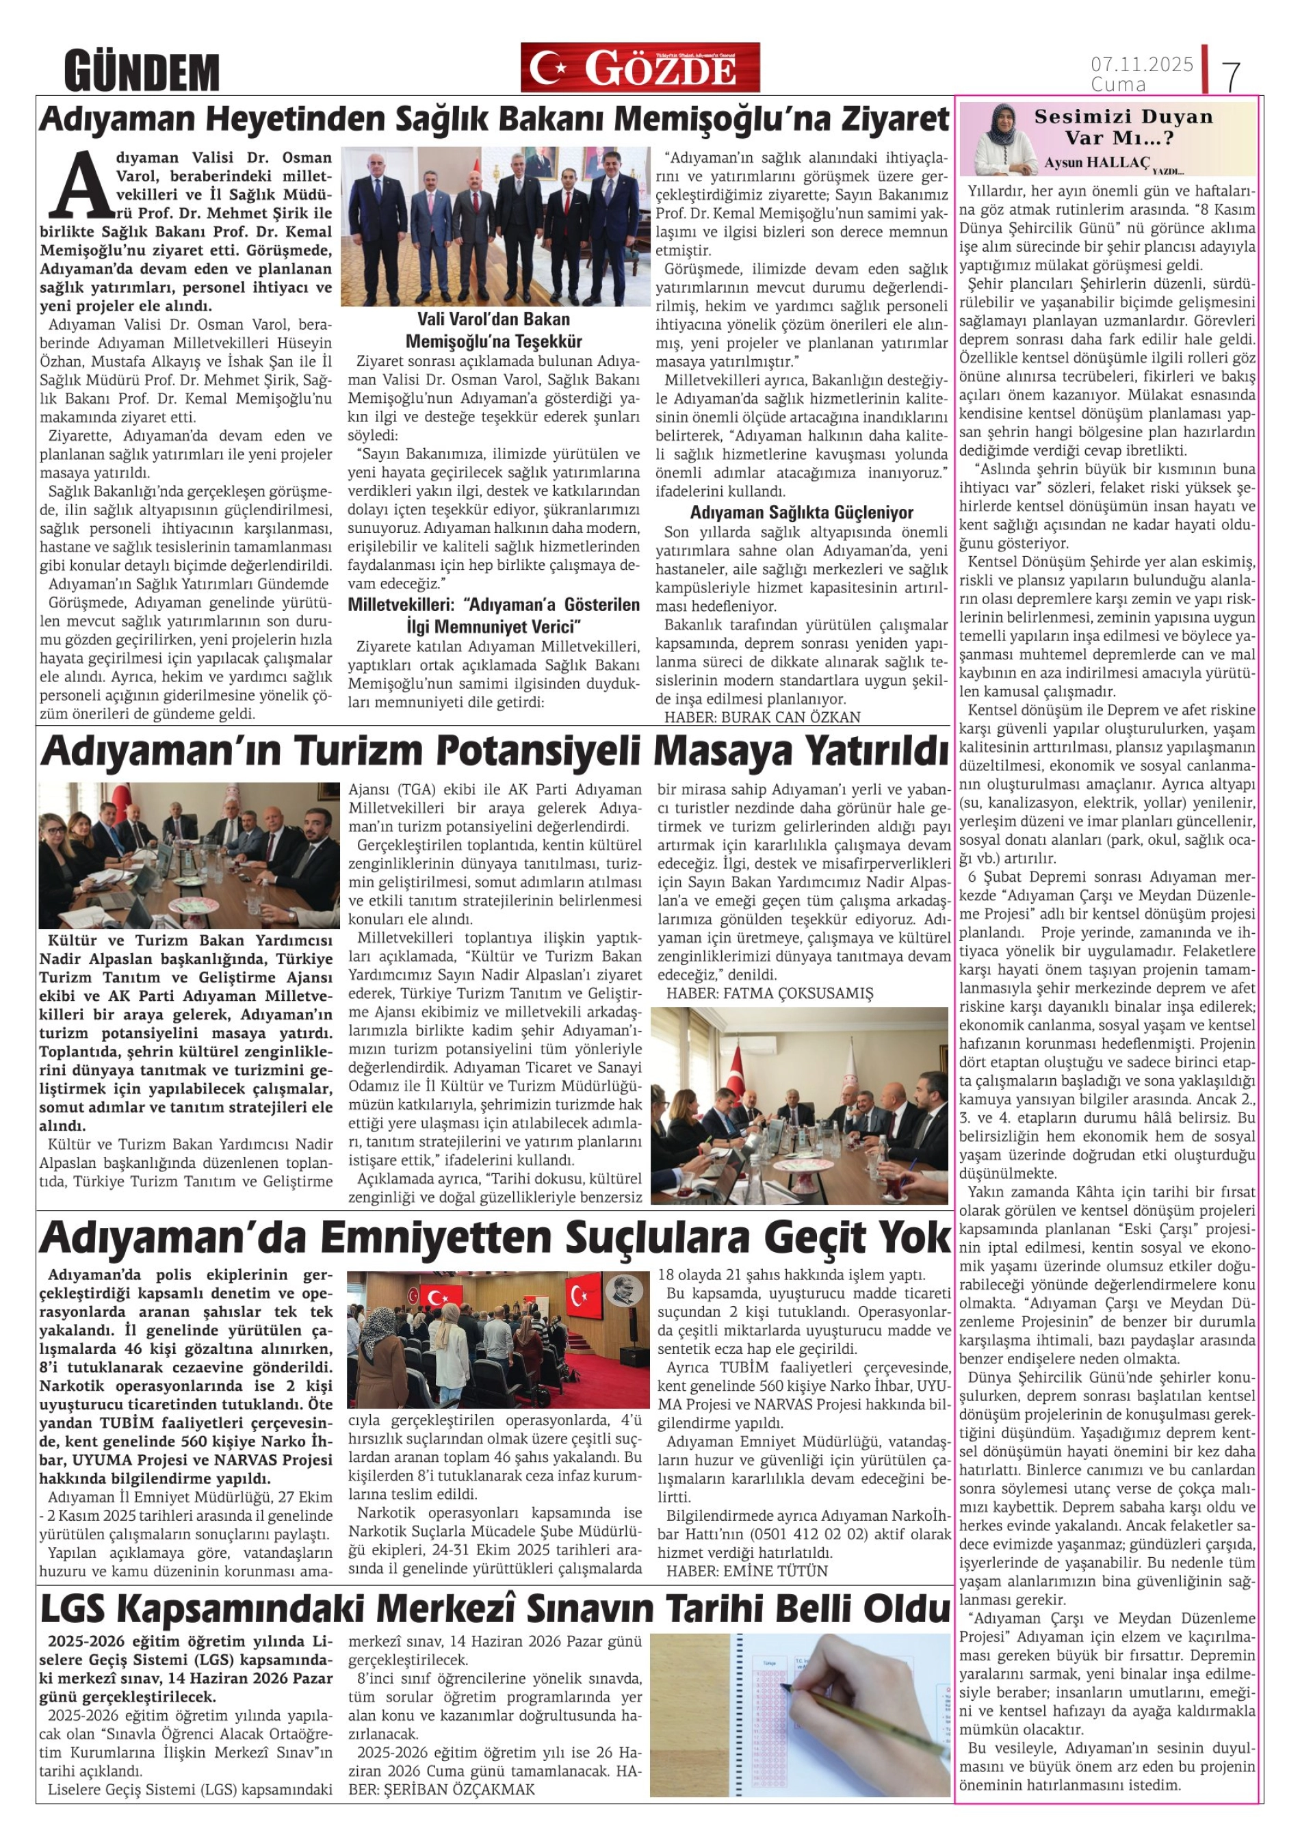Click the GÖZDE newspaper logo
coord(639,68)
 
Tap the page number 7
coord(1231,76)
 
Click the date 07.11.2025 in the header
coord(1141,64)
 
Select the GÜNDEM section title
coord(142,71)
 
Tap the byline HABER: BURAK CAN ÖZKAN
coord(762,717)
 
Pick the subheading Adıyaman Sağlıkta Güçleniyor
coord(801,512)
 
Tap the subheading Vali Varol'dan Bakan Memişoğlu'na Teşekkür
coord(493,330)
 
